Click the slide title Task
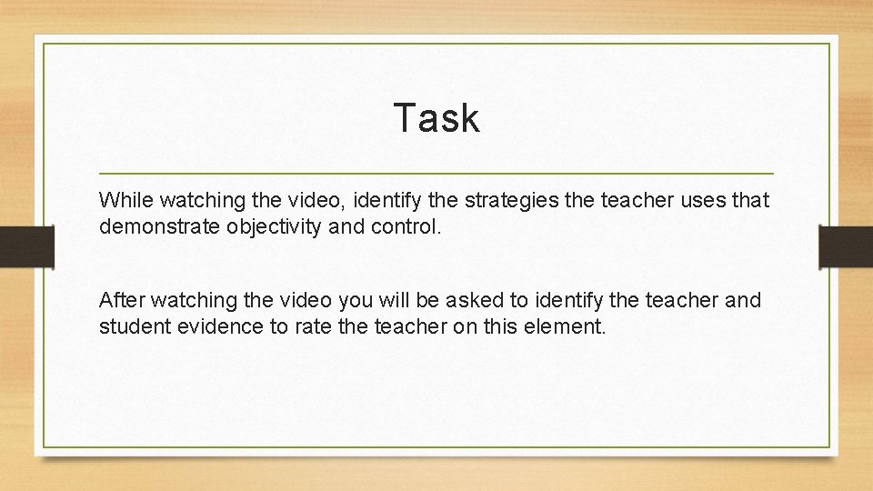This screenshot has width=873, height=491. [436, 118]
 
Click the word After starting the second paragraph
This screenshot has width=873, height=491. [120, 300]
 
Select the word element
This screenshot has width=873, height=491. [568, 327]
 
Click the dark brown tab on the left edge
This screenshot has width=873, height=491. [26, 246]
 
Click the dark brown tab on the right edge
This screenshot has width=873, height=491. [846, 246]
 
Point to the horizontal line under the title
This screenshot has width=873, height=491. [436, 173]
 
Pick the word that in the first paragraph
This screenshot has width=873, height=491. [750, 199]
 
